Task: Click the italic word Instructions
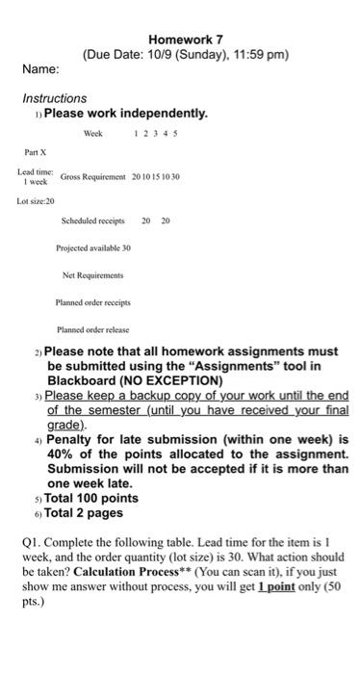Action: pos(54,98)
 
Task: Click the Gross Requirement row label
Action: pos(93,178)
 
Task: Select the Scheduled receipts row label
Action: pos(92,220)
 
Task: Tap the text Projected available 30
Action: pos(92,247)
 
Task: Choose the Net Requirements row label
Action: pos(92,274)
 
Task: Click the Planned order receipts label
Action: pos(92,301)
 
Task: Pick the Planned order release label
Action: pos(92,328)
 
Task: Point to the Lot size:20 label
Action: pos(37,200)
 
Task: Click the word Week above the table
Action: pos(93,134)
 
